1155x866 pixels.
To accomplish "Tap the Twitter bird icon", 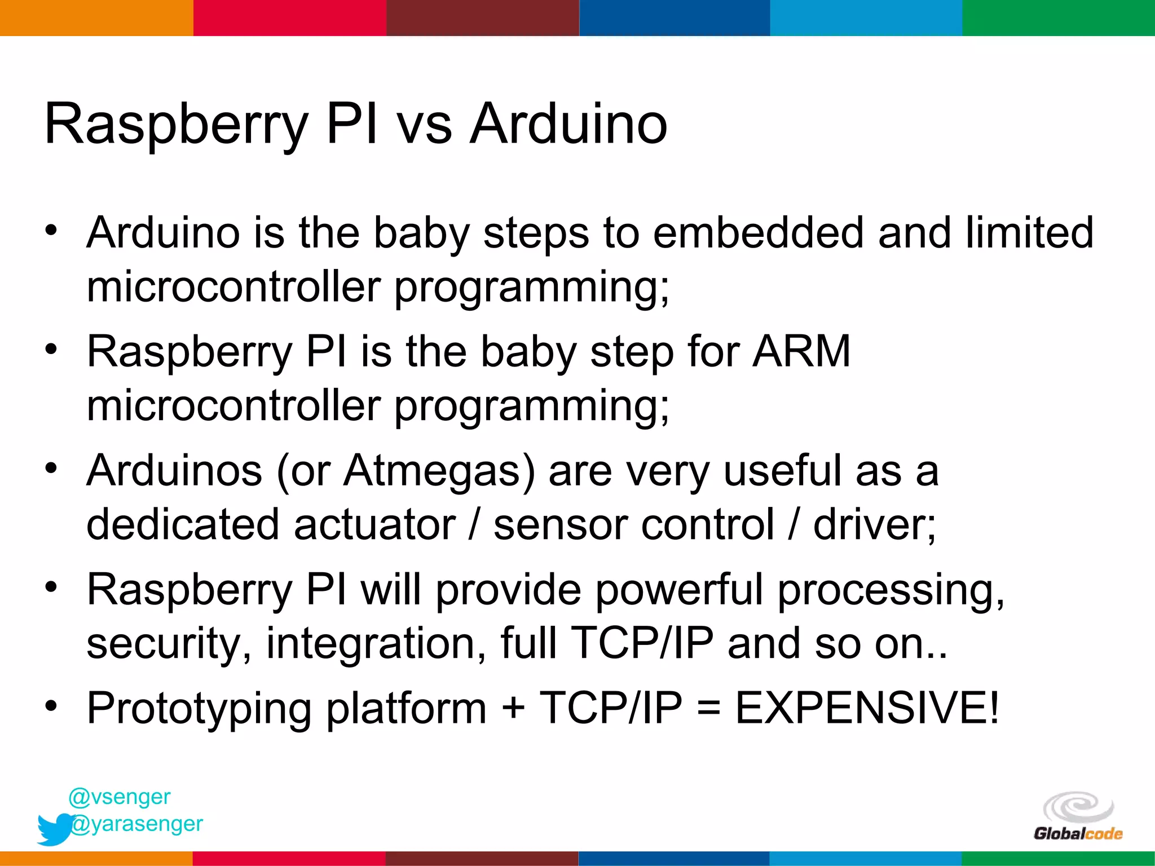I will [55, 829].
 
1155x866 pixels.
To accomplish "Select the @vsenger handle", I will [119, 797].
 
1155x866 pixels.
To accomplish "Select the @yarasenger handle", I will [136, 824].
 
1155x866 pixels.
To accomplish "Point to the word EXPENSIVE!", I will [867, 708].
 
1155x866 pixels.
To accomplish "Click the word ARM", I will [801, 351].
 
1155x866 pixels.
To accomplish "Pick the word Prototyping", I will [199, 708].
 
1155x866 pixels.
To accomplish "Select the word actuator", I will [374, 524].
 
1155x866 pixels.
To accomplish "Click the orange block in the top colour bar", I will [96, 17].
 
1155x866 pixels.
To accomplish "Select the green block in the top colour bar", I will [1059, 17].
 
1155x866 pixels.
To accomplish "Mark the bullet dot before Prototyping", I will [51, 706].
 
